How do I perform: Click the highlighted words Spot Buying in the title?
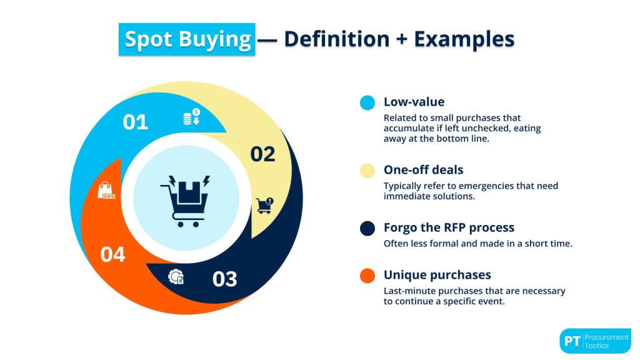[187, 39]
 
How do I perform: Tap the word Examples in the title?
[464, 39]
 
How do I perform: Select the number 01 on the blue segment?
[135, 122]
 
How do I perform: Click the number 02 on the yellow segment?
[262, 154]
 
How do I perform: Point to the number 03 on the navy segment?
[224, 279]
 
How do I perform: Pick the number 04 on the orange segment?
[112, 254]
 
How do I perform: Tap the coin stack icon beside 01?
[191, 117]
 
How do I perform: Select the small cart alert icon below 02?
[265, 206]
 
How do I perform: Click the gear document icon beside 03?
[176, 276]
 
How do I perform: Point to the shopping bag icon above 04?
[106, 191]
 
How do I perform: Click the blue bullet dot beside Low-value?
[367, 102]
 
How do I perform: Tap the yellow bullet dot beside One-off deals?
[367, 170]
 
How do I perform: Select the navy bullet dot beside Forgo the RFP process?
[367, 228]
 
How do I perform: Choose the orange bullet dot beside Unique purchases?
[367, 276]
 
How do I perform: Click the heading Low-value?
[414, 102]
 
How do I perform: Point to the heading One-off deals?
[423, 170]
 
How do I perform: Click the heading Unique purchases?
[437, 275]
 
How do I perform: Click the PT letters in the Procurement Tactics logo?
[571, 341]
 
